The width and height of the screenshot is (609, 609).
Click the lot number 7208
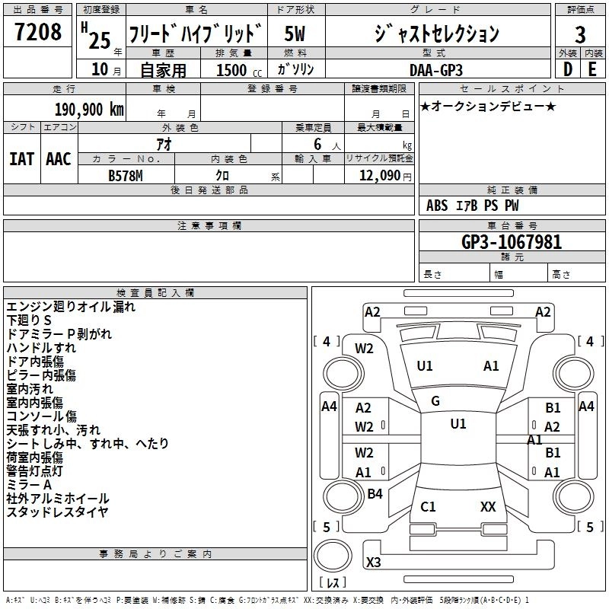[x=38, y=31]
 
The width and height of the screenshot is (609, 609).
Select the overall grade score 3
[x=580, y=34]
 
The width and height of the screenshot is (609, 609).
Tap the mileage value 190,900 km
[x=89, y=110]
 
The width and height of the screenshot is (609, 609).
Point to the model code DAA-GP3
[x=436, y=70]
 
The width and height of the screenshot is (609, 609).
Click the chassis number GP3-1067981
[x=512, y=242]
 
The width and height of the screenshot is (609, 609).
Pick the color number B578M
[x=126, y=176]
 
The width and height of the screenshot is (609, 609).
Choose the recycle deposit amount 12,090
[x=379, y=175]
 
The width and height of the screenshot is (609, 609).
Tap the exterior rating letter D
[x=568, y=69]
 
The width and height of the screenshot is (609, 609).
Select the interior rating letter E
[x=592, y=69]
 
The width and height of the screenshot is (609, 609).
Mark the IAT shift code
[x=22, y=159]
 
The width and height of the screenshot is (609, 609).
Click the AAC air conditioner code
[x=59, y=159]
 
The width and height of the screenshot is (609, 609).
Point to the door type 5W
[x=295, y=33]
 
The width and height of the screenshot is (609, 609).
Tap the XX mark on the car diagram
[x=488, y=506]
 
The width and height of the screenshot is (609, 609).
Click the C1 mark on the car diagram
[x=428, y=506]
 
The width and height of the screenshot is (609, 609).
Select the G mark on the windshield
[x=435, y=401]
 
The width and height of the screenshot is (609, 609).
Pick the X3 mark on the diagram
[x=374, y=562]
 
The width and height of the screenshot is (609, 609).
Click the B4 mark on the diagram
[x=375, y=493]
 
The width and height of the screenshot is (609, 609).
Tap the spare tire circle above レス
[x=333, y=555]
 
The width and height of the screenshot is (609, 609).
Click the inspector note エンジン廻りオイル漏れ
[x=71, y=307]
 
